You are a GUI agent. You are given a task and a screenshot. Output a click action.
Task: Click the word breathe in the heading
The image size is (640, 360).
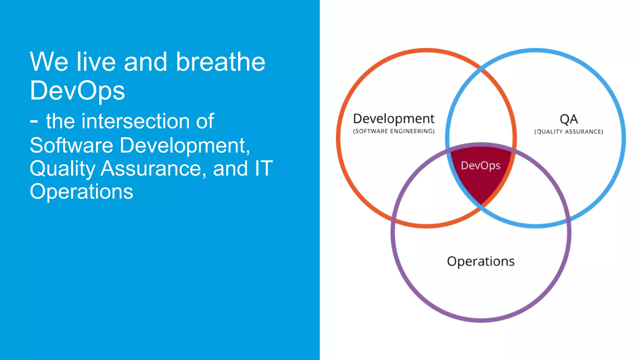pos(221,62)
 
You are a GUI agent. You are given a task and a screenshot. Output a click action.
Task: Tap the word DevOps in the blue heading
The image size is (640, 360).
pos(77,91)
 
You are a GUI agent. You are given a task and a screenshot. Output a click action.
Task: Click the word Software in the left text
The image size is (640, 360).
pos(71,145)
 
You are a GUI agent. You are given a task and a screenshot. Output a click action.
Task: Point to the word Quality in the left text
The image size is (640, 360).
pos(62,169)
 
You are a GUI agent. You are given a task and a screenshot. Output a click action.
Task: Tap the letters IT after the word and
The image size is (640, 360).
pos(263,169)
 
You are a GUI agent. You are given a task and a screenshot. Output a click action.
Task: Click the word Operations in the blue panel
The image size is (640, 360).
pos(81,192)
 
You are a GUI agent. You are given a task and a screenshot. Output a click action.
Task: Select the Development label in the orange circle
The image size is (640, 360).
pos(393,119)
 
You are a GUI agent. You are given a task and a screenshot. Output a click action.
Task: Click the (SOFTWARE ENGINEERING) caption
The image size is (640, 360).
pos(393,131)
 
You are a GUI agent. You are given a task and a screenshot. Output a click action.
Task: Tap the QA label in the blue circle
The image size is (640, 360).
pos(568,119)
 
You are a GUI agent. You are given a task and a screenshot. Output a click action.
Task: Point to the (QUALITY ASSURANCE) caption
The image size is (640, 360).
pos(568,132)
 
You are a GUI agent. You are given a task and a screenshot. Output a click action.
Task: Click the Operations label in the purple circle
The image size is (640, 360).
pos(480,261)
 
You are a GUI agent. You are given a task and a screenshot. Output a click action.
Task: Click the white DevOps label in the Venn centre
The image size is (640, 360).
pos(480,165)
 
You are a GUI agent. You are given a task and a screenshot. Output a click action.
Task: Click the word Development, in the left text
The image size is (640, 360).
pos(185,145)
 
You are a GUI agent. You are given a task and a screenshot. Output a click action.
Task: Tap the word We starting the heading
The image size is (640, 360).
pos(49,62)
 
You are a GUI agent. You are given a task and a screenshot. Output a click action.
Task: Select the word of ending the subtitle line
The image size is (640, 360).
pos(205,121)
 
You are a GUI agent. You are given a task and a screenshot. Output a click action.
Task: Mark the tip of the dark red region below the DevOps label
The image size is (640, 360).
pos(482,204)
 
